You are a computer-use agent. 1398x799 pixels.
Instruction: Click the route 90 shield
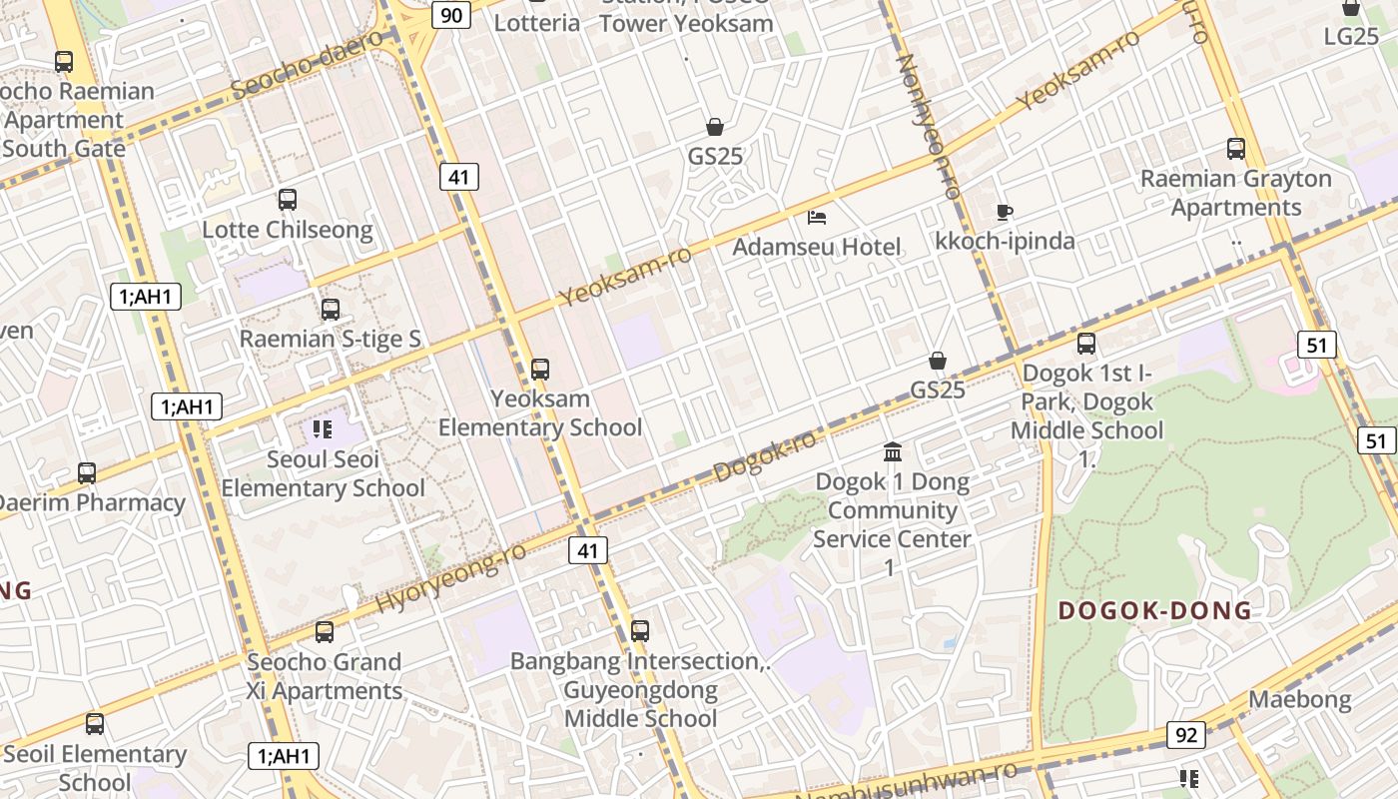point(451,14)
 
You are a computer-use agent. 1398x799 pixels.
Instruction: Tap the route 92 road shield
point(1185,735)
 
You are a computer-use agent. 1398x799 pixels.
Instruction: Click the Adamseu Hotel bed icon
point(817,217)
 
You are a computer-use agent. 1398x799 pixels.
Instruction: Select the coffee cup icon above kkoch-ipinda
point(1005,212)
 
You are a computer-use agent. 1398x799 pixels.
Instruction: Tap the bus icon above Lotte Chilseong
point(288,200)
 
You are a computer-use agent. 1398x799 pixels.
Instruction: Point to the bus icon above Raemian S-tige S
point(331,310)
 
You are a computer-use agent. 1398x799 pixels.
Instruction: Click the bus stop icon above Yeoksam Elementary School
point(540,370)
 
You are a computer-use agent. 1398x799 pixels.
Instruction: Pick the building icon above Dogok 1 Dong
point(893,452)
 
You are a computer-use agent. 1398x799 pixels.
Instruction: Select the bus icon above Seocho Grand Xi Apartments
point(325,632)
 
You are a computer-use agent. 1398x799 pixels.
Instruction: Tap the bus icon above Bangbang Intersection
point(640,631)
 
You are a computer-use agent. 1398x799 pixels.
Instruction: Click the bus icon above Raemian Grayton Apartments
point(1236,149)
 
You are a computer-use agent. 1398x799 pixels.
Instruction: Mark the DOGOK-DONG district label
point(1154,610)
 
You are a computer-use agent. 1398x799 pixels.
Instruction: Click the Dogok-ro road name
point(766,456)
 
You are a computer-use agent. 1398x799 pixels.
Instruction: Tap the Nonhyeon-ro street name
point(929,125)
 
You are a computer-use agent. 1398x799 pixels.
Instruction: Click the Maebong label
point(1300,699)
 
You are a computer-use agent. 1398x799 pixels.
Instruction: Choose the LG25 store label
point(1351,36)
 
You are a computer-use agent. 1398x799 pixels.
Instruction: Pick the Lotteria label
point(537,22)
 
